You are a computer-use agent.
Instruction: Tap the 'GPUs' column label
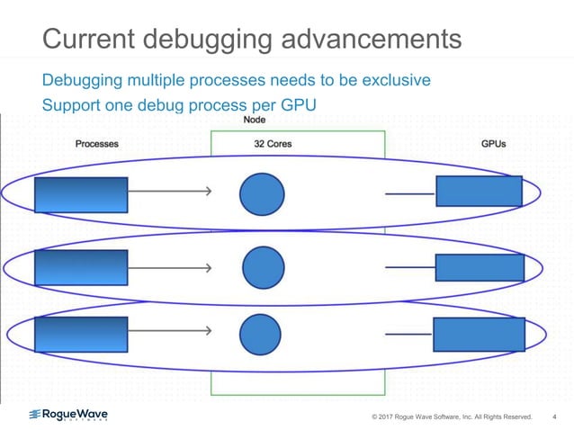click(x=494, y=144)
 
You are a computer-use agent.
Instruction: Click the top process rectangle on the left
click(x=81, y=194)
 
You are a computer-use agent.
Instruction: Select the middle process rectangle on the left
click(x=81, y=267)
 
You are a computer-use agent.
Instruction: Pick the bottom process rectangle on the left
click(x=81, y=334)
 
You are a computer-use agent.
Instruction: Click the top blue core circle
click(x=262, y=193)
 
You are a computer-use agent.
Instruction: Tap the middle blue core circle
click(x=264, y=267)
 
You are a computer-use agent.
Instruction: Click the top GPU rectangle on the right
click(x=479, y=191)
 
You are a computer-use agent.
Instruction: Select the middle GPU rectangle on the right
click(x=480, y=267)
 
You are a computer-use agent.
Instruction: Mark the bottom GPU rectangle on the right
click(x=479, y=334)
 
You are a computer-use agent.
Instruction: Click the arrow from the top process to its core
click(x=170, y=191)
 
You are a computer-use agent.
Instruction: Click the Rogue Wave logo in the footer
click(x=69, y=415)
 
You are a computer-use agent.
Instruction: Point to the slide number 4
click(x=553, y=417)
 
